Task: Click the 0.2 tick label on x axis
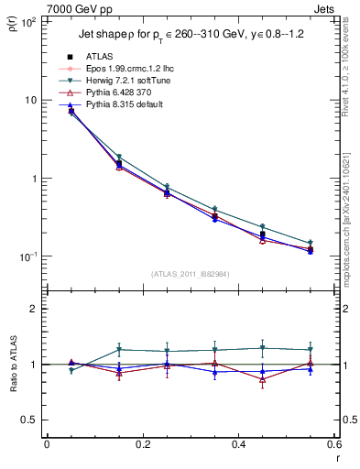[142, 444]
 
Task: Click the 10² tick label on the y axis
[27, 22]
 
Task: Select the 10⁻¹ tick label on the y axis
[27, 256]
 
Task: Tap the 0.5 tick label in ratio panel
[29, 420]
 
